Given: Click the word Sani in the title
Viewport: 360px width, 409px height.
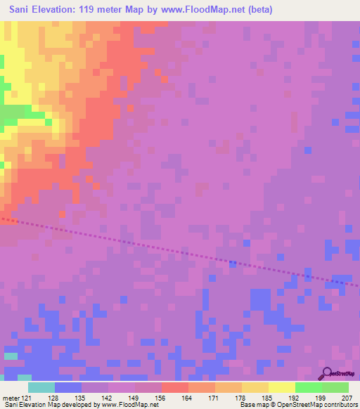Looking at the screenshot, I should [x=20, y=10].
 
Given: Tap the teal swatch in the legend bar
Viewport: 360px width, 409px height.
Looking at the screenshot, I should [x=41, y=387].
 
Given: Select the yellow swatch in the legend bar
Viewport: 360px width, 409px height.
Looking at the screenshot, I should [x=281, y=387].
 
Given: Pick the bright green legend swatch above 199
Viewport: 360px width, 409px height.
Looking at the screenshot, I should [x=308, y=387].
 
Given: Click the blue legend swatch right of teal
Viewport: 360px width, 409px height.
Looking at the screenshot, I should [x=68, y=387].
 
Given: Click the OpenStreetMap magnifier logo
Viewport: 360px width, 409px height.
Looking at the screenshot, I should [x=327, y=373].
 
